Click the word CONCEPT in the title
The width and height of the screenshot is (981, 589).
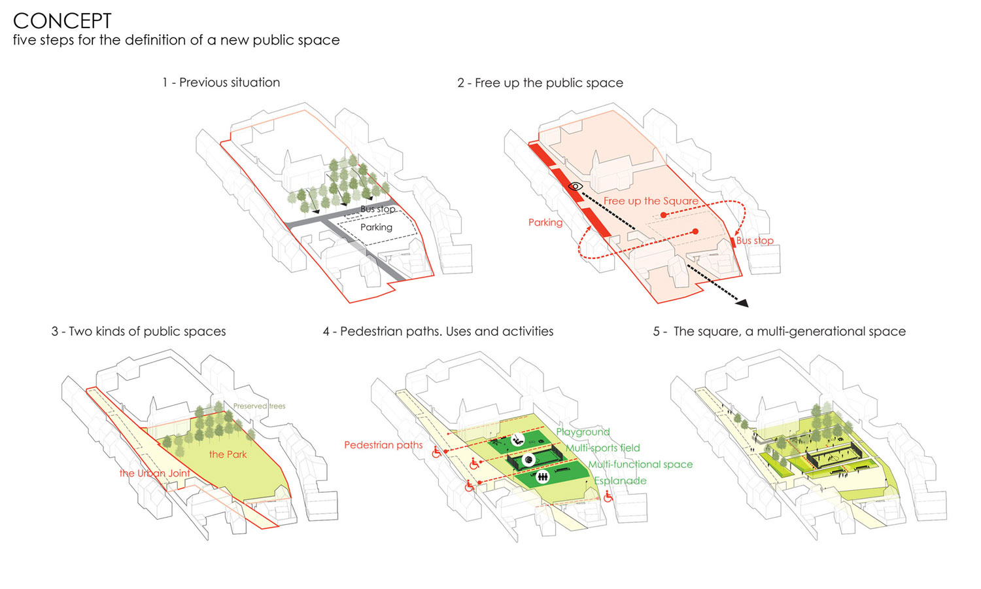pos(62,20)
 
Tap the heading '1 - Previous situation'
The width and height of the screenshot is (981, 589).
pos(221,82)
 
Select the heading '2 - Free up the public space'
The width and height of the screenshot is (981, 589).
pos(540,83)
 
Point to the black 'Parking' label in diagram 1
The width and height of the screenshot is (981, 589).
pos(376,227)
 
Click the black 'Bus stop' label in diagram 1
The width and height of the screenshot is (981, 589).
pos(378,209)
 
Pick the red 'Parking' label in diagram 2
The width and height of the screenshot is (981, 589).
pos(545,223)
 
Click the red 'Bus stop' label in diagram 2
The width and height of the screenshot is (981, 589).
pos(755,241)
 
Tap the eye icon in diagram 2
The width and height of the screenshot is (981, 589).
pos(575,187)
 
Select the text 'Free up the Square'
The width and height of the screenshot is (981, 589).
pos(651,201)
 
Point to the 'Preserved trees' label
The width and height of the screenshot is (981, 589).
pos(259,406)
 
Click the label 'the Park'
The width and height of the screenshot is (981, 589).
pos(228,454)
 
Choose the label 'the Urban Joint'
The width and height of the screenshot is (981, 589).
pos(154,473)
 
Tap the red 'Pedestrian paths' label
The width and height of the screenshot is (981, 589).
pos(383,445)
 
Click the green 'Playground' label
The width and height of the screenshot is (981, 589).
pos(583,432)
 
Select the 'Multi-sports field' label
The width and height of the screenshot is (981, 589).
pos(602,448)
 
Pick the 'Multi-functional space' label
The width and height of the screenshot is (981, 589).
pos(640,465)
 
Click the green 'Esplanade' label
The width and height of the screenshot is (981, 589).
pos(620,481)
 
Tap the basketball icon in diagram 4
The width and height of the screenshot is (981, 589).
pos(528,459)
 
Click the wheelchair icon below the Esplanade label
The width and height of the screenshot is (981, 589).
pos(608,497)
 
